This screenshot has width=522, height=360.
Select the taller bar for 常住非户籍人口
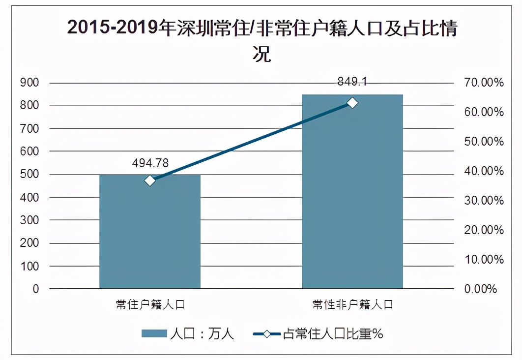pyautogui.click(x=352, y=197)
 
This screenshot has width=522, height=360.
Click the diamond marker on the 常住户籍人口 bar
pyautogui.click(x=150, y=180)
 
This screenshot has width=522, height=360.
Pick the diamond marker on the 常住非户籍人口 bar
pyautogui.click(x=352, y=103)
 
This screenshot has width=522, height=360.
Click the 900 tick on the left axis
pyautogui.click(x=29, y=83)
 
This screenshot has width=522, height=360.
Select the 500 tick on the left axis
pyautogui.click(x=29, y=174)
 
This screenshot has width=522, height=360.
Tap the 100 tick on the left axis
pyautogui.click(x=29, y=266)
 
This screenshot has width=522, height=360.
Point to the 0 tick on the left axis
pyautogui.click(x=36, y=289)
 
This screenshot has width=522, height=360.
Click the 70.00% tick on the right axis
pyautogui.click(x=484, y=83)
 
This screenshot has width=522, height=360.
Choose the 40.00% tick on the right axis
pyautogui.click(x=484, y=171)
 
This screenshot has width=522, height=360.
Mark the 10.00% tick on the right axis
pyautogui.click(x=484, y=260)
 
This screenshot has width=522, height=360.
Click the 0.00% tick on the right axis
pyautogui.click(x=481, y=289)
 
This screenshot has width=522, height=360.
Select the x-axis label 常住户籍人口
pyautogui.click(x=150, y=304)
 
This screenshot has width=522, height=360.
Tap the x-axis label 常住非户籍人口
pyautogui.click(x=352, y=304)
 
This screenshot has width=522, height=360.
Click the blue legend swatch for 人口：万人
pyautogui.click(x=154, y=334)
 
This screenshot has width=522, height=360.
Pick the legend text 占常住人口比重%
pyautogui.click(x=333, y=334)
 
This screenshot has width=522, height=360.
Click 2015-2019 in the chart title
pyautogui.click(x=114, y=29)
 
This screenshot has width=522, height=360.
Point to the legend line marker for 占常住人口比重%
pyautogui.click(x=267, y=334)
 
